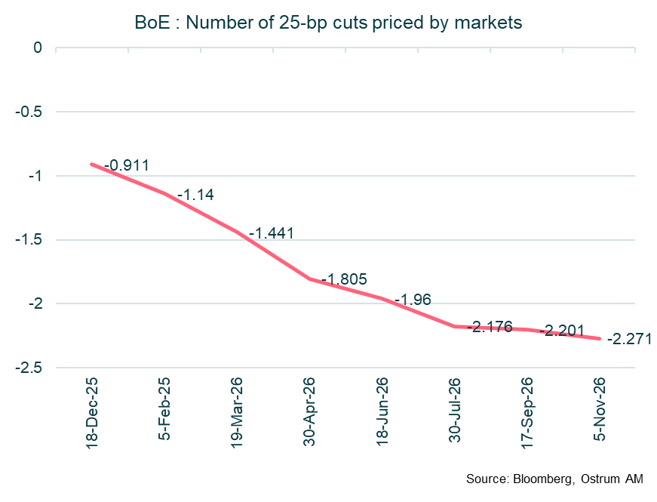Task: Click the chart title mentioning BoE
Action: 327,23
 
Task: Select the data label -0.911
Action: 127,165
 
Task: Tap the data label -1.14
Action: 195,195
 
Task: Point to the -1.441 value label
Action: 271,233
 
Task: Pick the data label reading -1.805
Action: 344,279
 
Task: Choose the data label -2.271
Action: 629,338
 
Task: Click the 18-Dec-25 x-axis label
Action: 93,411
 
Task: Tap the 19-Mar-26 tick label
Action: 238,411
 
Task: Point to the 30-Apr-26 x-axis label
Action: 309,411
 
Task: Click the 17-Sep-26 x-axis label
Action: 527,411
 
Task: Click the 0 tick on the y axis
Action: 38,48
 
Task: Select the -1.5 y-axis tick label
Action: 30,240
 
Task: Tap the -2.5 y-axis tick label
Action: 30,368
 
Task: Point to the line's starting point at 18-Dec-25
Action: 92,164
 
